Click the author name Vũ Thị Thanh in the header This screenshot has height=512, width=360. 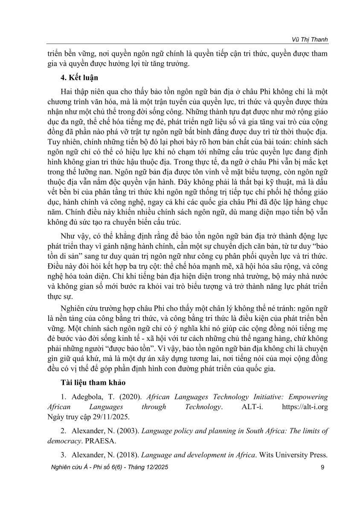[309, 40]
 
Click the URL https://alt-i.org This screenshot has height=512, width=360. [305, 406]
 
